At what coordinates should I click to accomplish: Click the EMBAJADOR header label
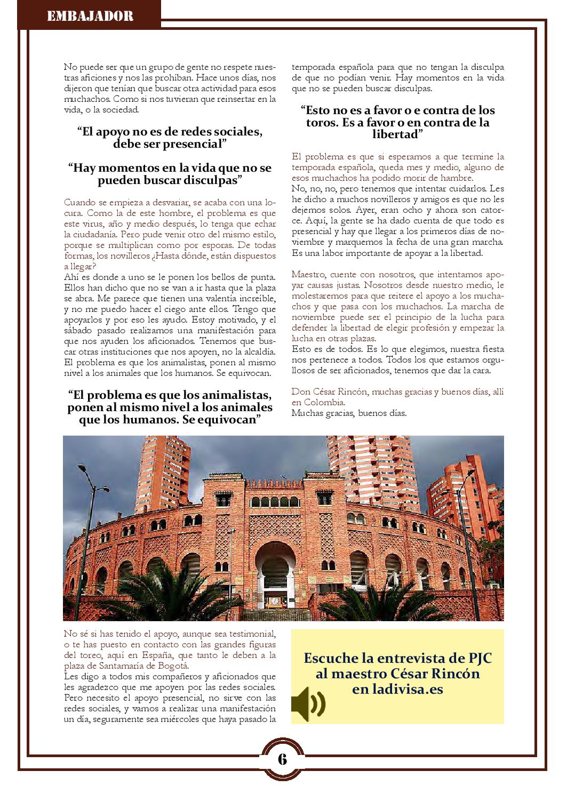(x=90, y=16)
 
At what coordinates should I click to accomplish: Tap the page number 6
(x=282, y=759)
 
